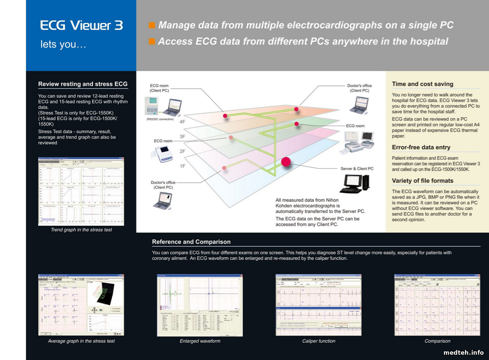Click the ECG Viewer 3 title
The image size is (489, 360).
pyautogui.click(x=81, y=25)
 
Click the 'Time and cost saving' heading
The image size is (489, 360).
pyautogui.click(x=422, y=84)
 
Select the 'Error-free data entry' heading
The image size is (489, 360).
pyautogui.click(x=421, y=147)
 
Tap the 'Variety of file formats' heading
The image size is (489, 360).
pyautogui.click(x=422, y=181)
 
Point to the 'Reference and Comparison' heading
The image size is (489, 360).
pyautogui.click(x=191, y=242)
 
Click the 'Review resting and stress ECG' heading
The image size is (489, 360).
pyautogui.click(x=83, y=84)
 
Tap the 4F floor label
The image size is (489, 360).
pyautogui.click(x=182, y=122)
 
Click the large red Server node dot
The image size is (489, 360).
pyautogui.click(x=286, y=162)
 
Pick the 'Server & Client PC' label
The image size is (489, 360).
pyautogui.click(x=357, y=169)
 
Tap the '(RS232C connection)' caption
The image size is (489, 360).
pyautogui.click(x=161, y=118)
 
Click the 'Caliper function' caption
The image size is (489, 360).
pyautogui.click(x=319, y=341)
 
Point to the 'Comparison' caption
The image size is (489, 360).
pyautogui.click(x=437, y=341)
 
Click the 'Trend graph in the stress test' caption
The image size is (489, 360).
pyautogui.click(x=81, y=230)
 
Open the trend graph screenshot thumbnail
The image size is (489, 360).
pyautogui.click(x=81, y=192)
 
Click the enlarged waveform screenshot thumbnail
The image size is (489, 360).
pyautogui.click(x=200, y=305)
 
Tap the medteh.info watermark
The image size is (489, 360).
pyautogui.click(x=464, y=352)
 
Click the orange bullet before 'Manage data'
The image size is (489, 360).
pyautogui.click(x=152, y=25)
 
